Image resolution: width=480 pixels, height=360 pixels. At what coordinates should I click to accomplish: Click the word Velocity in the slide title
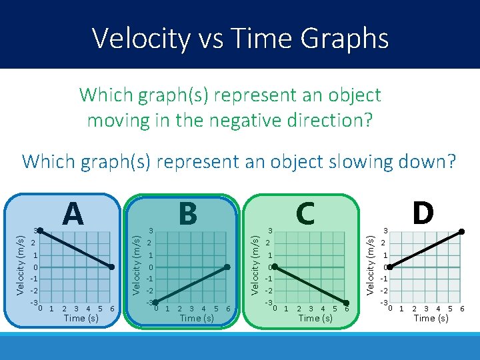pos(141,38)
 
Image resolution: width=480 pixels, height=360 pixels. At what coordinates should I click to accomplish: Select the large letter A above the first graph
pos(73,214)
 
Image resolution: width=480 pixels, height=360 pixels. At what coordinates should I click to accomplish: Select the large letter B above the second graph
pos(188,214)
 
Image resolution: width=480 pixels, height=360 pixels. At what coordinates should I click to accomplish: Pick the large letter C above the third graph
pos(305,214)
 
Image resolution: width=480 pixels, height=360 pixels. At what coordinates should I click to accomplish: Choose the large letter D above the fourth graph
pos(423,214)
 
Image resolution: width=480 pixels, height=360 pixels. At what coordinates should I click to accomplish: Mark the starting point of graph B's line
pos(155,303)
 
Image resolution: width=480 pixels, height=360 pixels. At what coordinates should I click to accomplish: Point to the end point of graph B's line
pos(227,267)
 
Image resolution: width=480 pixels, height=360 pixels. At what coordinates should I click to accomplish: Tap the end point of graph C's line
pos(346,303)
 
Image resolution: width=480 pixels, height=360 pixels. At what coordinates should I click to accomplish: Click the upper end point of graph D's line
pos(462,231)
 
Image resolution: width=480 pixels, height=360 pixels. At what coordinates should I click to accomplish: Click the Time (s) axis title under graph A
pos(81,318)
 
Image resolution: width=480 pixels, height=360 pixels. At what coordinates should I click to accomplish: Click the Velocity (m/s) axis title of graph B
pos(137,264)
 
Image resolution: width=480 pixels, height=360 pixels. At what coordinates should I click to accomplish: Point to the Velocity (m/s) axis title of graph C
pos(255,264)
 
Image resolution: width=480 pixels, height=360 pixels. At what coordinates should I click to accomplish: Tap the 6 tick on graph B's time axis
pos(228,309)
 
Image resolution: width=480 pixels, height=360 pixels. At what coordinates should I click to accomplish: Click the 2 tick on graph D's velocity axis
pos(385,243)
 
